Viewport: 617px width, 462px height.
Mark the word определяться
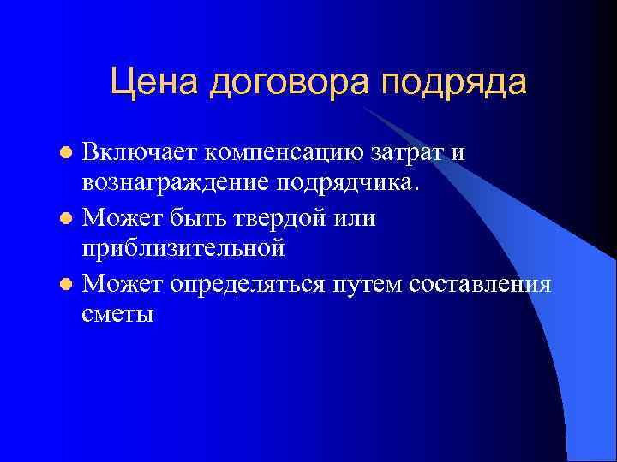pos(246,283)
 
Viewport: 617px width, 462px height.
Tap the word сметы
pos(118,314)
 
